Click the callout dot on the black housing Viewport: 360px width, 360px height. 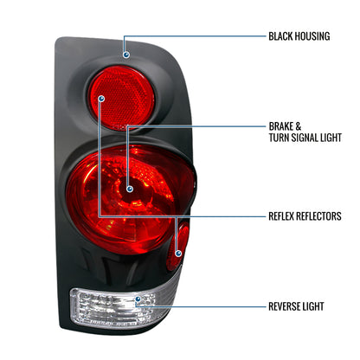pos(125,55)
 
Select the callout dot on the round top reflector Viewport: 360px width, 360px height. pos(101,99)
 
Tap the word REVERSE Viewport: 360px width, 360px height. pos(287,306)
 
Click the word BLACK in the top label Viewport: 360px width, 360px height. pos(282,37)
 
